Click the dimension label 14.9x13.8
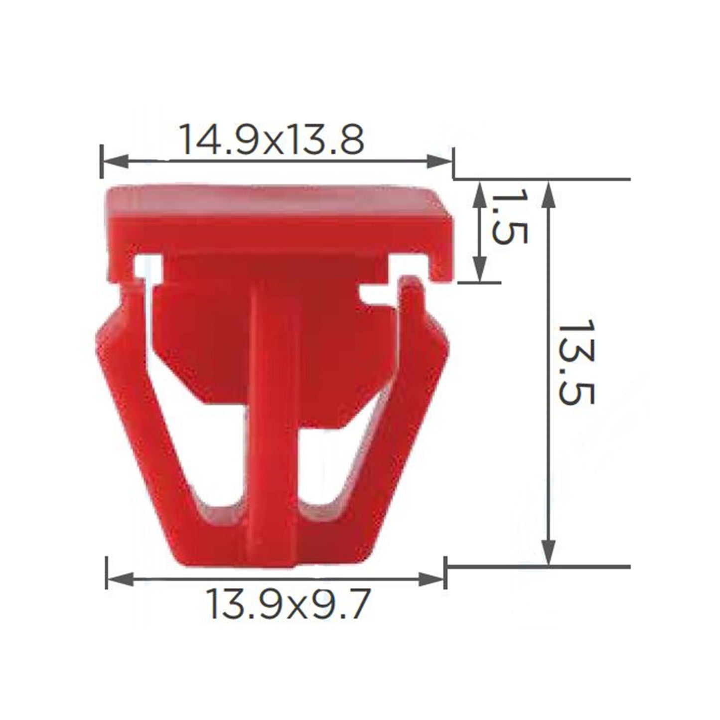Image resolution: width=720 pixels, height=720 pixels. point(272,139)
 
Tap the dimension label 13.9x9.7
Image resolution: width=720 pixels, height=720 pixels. point(288,604)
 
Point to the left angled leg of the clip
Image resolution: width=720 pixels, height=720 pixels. point(144,424)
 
